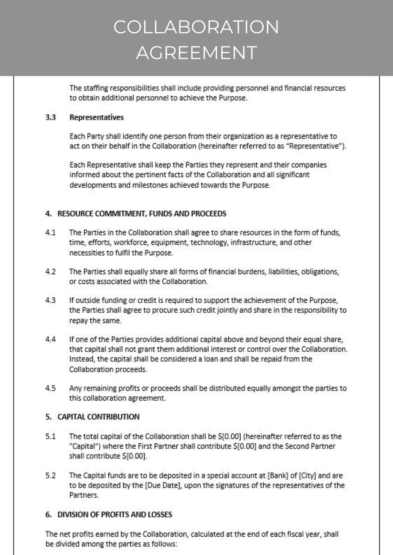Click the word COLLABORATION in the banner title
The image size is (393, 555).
click(196, 27)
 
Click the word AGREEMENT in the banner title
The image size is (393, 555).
click(196, 53)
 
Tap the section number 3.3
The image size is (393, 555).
click(50, 117)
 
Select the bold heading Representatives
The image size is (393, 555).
click(96, 117)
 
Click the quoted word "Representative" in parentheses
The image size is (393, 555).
click(315, 146)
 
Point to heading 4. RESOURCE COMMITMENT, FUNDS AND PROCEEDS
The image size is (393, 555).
click(136, 213)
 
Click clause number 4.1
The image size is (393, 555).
click(50, 232)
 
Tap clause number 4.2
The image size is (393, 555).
click(50, 272)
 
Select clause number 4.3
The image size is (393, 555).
click(50, 300)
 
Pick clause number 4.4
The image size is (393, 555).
click(50, 339)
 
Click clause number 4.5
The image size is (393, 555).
click(50, 388)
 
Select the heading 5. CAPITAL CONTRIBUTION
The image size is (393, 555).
click(92, 417)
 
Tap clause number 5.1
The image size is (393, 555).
click(50, 437)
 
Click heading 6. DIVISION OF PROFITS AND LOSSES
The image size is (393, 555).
click(109, 515)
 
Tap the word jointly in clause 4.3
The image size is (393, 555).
click(227, 310)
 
